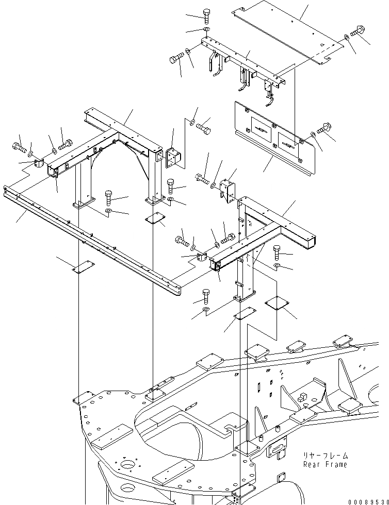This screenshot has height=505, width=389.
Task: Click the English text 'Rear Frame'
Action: [325, 464]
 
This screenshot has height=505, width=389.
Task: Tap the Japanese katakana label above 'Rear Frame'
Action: [326, 456]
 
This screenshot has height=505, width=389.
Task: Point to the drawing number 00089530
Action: [367, 501]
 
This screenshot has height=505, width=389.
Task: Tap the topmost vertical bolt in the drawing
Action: [206, 15]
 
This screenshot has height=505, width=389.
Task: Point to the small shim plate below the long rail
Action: [83, 266]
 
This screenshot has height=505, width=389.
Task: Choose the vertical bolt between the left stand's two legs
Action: [109, 197]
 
